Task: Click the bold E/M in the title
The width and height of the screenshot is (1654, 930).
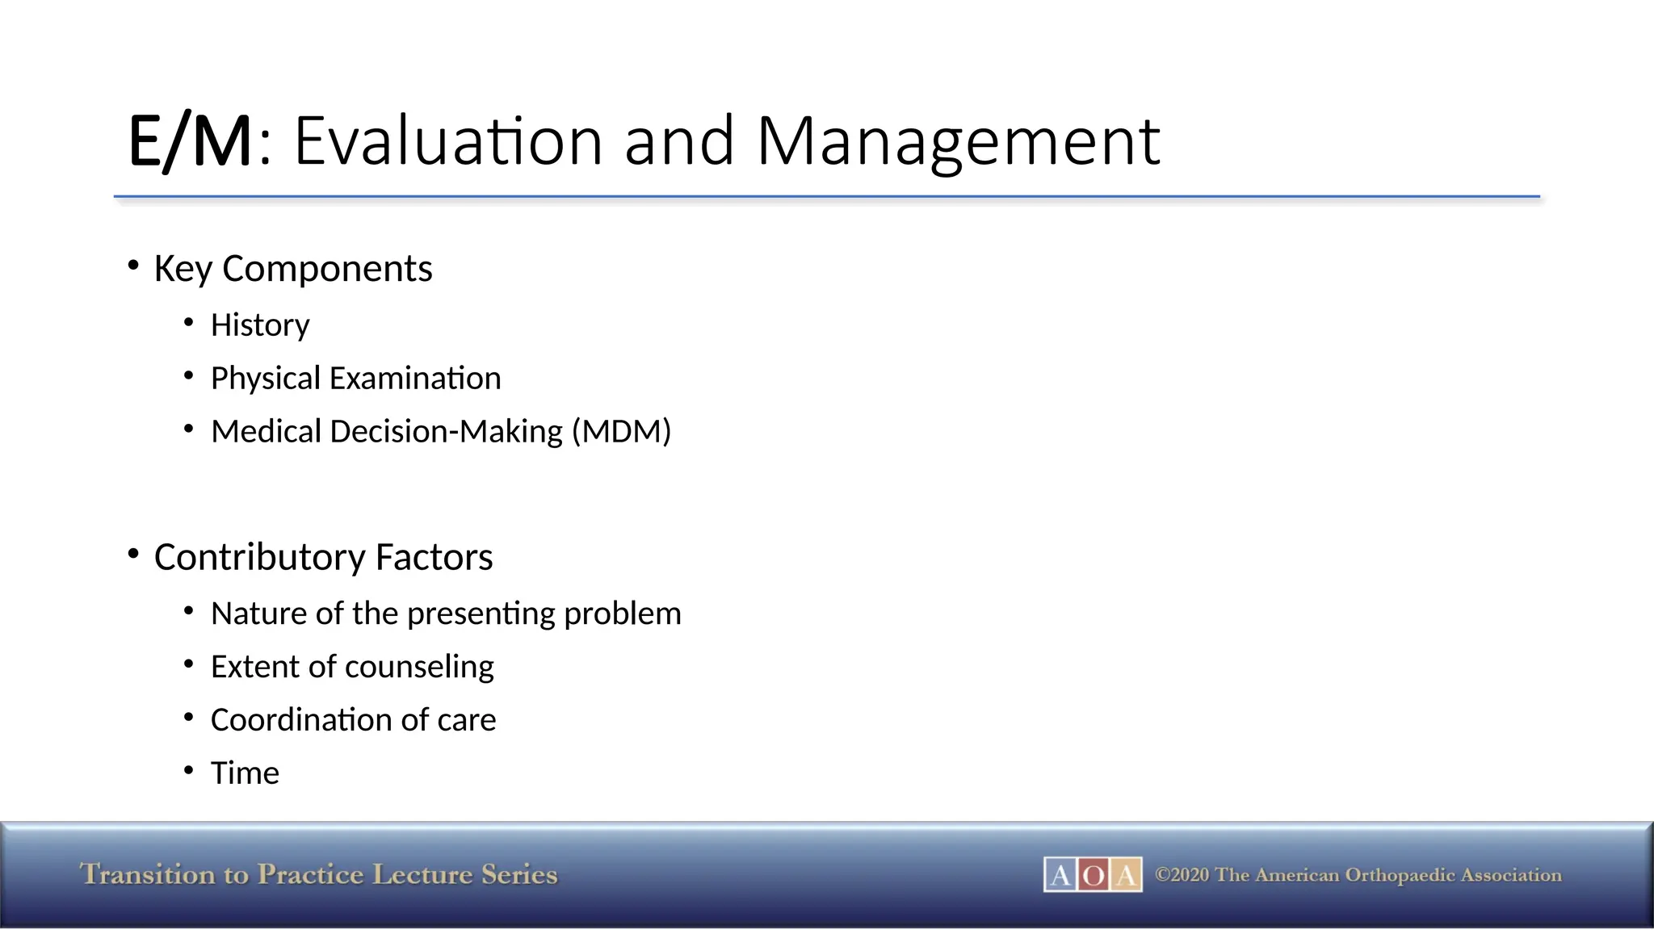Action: coord(190,142)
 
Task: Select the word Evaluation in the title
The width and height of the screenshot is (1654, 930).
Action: coord(448,142)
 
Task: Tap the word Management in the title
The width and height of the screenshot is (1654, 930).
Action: coord(958,142)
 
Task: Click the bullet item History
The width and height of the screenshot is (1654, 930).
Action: coord(260,325)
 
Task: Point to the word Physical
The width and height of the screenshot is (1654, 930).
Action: coord(265,379)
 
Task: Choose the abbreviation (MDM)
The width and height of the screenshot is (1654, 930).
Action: coord(621,432)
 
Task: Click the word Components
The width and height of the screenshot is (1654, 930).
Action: coord(327,269)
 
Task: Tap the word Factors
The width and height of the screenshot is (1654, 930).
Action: coord(434,558)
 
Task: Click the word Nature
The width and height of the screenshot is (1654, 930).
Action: coord(258,614)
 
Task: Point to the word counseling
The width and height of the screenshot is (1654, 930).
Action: coord(419,668)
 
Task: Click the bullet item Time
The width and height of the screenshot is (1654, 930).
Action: coord(245,773)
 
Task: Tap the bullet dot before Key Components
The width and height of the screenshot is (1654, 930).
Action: coord(133,265)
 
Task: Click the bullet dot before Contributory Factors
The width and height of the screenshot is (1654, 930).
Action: coord(133,554)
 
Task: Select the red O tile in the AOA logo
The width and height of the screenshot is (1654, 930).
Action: coord(1093,875)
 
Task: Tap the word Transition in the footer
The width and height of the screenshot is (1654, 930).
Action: coord(148,875)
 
